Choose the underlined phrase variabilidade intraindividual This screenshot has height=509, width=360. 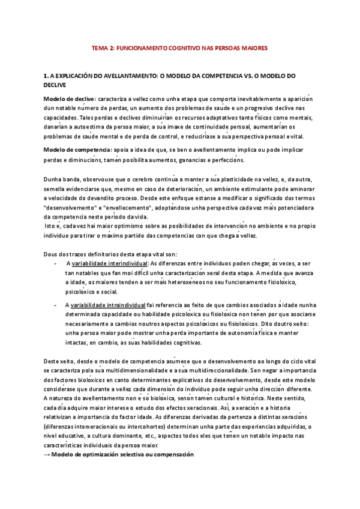(109, 305)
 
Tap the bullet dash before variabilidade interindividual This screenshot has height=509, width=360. (55, 262)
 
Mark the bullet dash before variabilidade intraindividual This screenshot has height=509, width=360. (55, 305)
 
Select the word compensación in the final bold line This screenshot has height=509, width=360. (170, 454)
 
